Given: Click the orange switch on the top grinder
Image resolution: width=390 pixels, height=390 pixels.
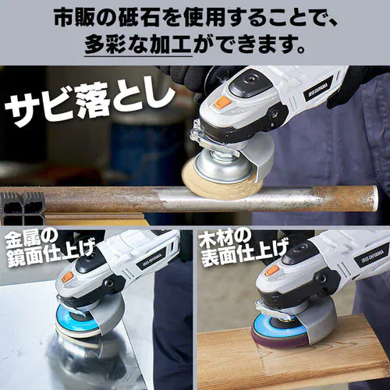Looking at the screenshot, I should pos(222,102).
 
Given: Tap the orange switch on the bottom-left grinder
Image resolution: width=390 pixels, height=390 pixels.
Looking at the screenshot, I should pos(68,275).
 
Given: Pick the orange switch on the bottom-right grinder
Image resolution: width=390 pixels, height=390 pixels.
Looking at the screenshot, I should pos(271,271).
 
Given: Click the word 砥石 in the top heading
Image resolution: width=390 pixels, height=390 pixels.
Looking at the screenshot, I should pos(137,15).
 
